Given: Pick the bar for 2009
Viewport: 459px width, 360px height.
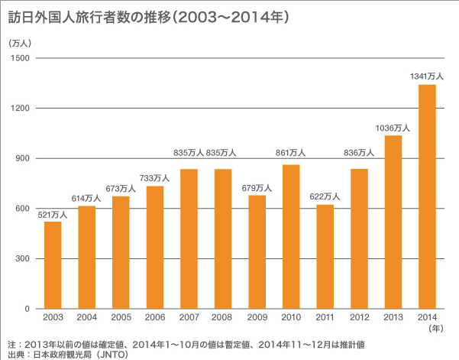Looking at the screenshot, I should pyautogui.click(x=257, y=251).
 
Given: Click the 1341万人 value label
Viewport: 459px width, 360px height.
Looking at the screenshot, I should pyautogui.click(x=428, y=76).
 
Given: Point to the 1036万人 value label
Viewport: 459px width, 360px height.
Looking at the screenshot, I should pyautogui.click(x=393, y=127).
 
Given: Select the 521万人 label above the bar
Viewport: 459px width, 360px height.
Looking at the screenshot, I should pyautogui.click(x=53, y=214).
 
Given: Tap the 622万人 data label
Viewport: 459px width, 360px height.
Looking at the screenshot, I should pyautogui.click(x=325, y=196).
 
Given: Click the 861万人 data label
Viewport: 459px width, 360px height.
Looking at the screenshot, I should pyautogui.click(x=291, y=153).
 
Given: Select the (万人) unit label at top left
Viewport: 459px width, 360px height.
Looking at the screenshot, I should pyautogui.click(x=18, y=44).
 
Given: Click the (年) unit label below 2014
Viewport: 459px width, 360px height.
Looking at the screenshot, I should pyautogui.click(x=435, y=329).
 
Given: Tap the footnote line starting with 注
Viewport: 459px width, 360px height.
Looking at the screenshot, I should pyautogui.click(x=191, y=343).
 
